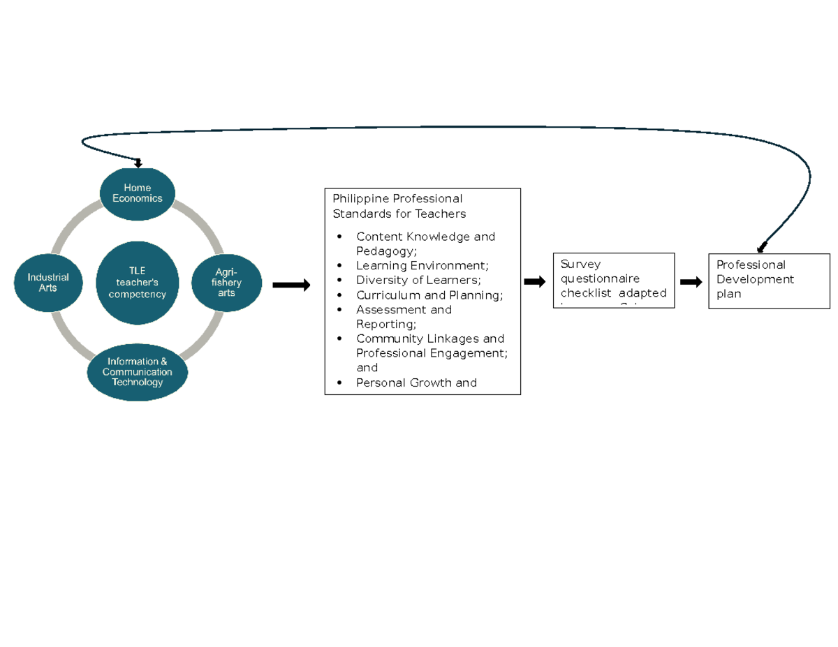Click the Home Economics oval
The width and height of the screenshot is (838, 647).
[x=138, y=193]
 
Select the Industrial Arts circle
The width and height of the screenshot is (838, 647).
[x=48, y=282]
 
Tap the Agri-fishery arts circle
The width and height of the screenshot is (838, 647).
[x=226, y=282]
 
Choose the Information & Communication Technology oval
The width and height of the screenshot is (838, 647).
[x=138, y=372]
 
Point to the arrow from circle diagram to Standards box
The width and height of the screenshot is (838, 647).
[x=291, y=285]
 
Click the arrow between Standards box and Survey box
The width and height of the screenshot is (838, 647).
[x=535, y=281]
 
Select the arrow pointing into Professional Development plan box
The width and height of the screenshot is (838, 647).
[x=691, y=281]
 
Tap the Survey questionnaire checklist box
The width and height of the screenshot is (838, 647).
[x=613, y=280]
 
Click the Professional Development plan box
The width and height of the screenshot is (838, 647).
[x=769, y=280]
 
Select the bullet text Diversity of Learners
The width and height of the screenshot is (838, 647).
[x=418, y=280]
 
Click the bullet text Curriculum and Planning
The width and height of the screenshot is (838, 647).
[x=429, y=295]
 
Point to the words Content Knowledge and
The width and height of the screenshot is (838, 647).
[x=425, y=236]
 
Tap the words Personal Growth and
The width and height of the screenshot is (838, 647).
[x=416, y=382]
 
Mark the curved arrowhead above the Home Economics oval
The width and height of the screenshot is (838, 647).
[x=138, y=164]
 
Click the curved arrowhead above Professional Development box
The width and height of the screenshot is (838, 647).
[x=762, y=246]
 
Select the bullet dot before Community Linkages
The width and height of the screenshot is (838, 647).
[x=340, y=339]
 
